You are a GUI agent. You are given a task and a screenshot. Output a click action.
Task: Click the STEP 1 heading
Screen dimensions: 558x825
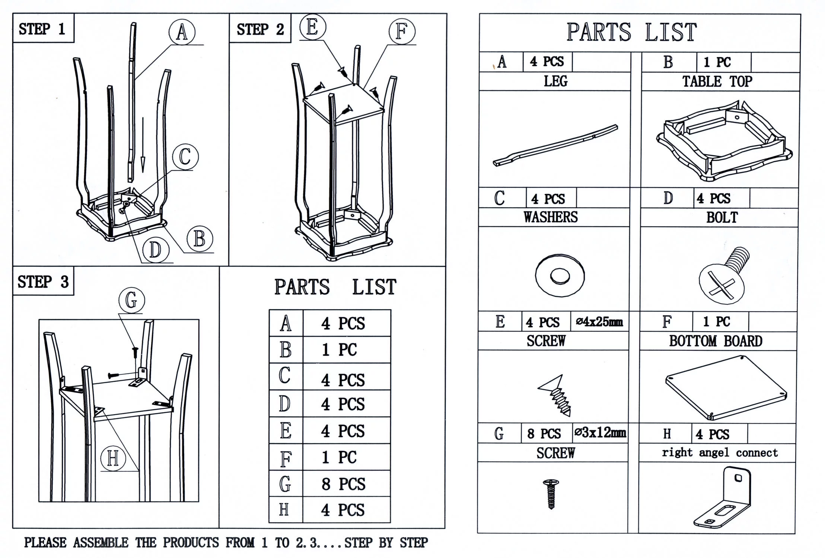pyautogui.click(x=42, y=29)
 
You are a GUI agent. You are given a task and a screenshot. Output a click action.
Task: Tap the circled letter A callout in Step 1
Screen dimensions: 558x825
pyautogui.click(x=182, y=32)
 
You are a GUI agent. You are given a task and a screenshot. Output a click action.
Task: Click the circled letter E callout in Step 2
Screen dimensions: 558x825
pyautogui.click(x=312, y=27)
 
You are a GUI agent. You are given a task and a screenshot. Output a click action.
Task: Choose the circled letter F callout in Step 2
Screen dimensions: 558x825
pyautogui.click(x=401, y=31)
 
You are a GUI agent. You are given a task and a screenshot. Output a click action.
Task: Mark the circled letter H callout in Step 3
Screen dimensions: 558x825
pyautogui.click(x=113, y=458)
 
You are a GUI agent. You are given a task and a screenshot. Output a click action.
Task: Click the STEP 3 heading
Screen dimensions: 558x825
pyautogui.click(x=43, y=282)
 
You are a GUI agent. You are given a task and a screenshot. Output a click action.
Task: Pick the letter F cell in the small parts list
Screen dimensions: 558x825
pyautogui.click(x=286, y=458)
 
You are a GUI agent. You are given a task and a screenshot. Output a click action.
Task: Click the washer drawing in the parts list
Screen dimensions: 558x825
pyautogui.click(x=560, y=276)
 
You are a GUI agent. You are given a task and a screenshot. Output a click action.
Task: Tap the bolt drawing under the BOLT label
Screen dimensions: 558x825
pyautogui.click(x=723, y=275)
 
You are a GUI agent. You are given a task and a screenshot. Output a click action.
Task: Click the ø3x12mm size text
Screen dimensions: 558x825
pyautogui.click(x=600, y=433)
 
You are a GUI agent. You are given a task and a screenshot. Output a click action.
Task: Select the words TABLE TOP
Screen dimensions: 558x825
pyautogui.click(x=717, y=81)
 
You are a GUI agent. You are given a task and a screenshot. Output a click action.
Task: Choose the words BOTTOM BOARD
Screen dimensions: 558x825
pyautogui.click(x=716, y=341)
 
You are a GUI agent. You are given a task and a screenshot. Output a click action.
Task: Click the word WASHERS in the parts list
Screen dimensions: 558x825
pyautogui.click(x=550, y=217)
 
